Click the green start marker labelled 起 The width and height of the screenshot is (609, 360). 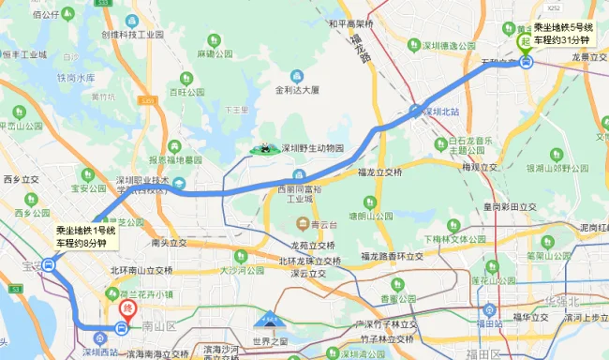click(x=525, y=42)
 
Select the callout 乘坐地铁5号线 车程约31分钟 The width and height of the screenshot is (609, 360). click(x=561, y=34)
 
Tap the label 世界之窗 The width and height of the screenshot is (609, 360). click(x=271, y=343)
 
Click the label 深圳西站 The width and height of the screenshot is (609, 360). click(x=99, y=352)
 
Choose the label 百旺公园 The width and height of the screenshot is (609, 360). click(x=187, y=93)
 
